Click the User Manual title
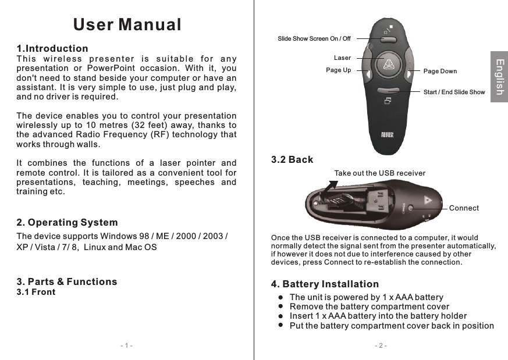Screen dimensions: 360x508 [127, 25]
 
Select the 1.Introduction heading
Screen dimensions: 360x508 [52, 48]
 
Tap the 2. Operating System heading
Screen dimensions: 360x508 [67, 223]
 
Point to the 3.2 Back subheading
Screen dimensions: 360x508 [292, 159]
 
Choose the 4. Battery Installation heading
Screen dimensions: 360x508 [325, 284]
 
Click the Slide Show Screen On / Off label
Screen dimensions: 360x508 [314, 39]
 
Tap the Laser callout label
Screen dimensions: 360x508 [342, 58]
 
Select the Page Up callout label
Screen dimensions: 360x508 [338, 70]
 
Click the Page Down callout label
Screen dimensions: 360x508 [440, 71]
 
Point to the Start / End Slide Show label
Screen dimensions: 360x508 [454, 92]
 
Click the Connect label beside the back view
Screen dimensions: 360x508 [464, 208]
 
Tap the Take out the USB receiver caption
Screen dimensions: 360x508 [379, 173]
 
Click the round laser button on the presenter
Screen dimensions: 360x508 [387, 64]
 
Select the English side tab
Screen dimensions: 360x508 [499, 76]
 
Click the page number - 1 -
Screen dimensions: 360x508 [126, 346]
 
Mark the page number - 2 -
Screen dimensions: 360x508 [381, 346]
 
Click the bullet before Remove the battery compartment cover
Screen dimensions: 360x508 [280, 306]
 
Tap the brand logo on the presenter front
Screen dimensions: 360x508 [388, 136]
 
